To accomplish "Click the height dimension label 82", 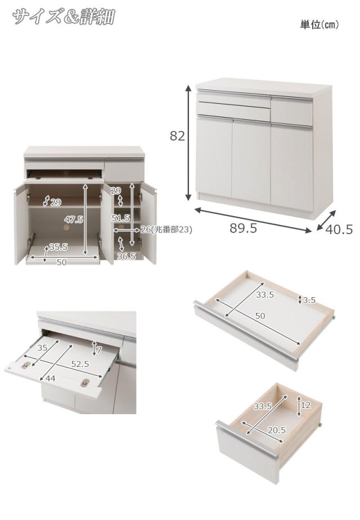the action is pos(177,136).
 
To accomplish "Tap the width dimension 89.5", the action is pos(244,228).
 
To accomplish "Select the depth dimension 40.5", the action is pos(339,229).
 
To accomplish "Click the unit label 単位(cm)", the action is pos(319,25).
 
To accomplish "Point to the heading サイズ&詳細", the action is pos(64,16).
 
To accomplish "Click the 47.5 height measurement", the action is pos(74,219).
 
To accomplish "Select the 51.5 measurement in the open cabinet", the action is pos(121,218).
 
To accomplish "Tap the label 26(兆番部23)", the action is pos(166,230).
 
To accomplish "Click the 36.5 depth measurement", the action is pos(127,256).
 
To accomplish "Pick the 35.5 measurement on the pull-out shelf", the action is pos(58,246).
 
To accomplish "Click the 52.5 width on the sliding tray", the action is pos(80,364).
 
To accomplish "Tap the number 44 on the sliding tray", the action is pos(51,378).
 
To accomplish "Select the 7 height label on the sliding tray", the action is pos(99,349).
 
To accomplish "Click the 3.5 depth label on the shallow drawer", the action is pos(309,301).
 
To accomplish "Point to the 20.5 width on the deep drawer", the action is pos(276,430).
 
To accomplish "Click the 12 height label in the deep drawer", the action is pos(305,405).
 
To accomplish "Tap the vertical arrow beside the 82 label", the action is pos(188,143).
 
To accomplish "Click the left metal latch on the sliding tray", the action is pos(26,365).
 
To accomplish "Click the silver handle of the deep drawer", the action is pos(247,440).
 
